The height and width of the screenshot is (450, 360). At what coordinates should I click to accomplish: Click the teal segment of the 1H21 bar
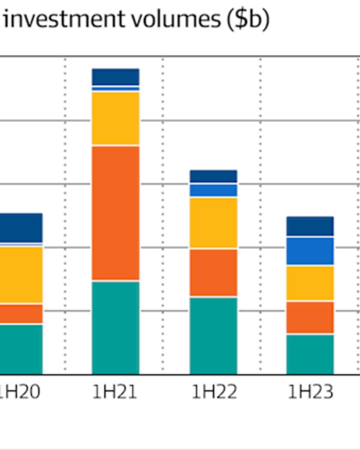[115, 327]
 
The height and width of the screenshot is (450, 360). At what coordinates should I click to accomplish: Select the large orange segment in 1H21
[115, 212]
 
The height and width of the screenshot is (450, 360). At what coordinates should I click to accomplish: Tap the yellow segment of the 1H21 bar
[115, 118]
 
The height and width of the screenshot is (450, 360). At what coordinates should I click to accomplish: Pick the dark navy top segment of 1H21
[115, 76]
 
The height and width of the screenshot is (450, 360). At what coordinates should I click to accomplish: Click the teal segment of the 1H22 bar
[213, 335]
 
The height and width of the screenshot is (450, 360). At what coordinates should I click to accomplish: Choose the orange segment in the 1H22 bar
[213, 272]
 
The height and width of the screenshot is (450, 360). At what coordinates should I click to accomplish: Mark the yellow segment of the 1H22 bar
[213, 222]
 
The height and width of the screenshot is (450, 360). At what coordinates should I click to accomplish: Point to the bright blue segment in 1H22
[213, 190]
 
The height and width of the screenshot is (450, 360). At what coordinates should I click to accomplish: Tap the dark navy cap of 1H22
[213, 176]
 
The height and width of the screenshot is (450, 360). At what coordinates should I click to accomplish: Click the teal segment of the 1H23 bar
[310, 354]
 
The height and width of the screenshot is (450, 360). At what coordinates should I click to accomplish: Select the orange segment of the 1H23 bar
[310, 317]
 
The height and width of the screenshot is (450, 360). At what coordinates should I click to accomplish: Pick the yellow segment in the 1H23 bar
[310, 283]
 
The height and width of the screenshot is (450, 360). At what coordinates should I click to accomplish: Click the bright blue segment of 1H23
[310, 251]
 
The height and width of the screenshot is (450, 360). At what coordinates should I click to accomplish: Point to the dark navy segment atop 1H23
[310, 226]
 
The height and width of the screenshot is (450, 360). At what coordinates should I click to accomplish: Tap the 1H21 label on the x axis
[114, 392]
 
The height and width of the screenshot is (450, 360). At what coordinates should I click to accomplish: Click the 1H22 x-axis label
[213, 392]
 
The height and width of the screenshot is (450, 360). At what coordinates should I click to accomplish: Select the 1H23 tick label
[310, 392]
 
